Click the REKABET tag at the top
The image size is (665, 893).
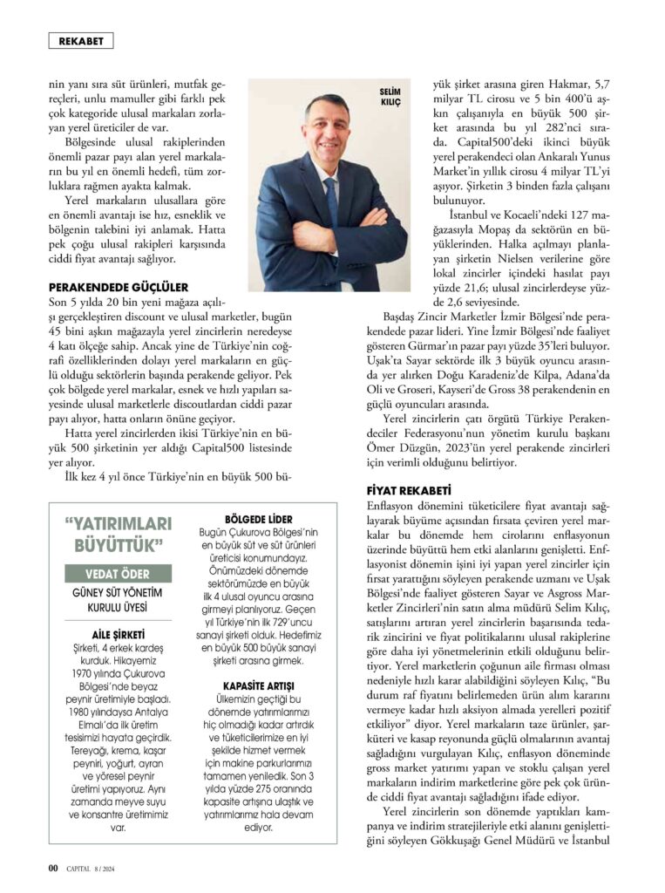tap(80, 40)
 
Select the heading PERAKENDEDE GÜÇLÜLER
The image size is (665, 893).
tap(118, 286)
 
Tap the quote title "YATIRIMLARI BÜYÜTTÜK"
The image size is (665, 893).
tap(119, 535)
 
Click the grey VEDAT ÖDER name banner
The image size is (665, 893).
tap(119, 574)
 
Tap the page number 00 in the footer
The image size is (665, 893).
tap(52, 868)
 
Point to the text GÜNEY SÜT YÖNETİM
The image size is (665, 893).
tap(119, 593)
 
